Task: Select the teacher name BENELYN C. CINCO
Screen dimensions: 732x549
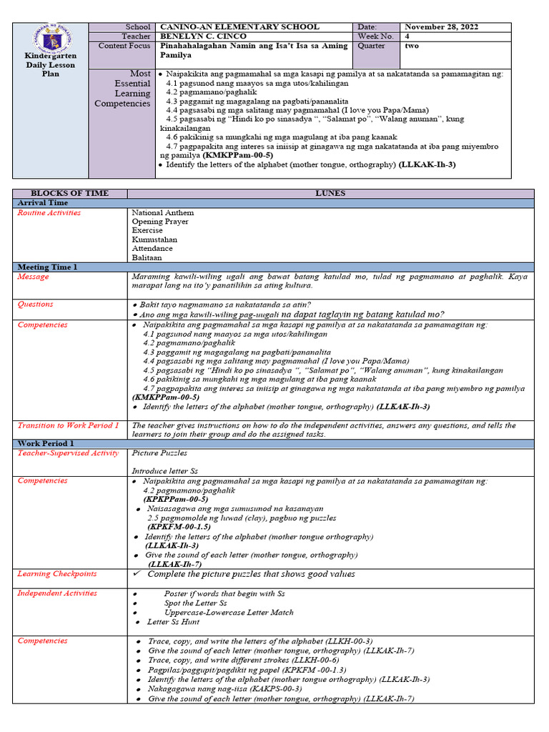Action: pyautogui.click(x=204, y=36)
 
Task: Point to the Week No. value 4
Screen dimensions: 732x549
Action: pyautogui.click(x=407, y=36)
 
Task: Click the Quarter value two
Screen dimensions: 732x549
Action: pyautogui.click(x=412, y=46)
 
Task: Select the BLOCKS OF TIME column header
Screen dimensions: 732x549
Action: pyautogui.click(x=70, y=194)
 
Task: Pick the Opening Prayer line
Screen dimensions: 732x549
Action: pyautogui.click(x=160, y=222)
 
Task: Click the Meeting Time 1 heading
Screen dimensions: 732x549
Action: pyautogui.click(x=47, y=267)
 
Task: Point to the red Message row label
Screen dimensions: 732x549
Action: pyautogui.click(x=34, y=277)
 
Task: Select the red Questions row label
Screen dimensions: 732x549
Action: pyautogui.click(x=36, y=305)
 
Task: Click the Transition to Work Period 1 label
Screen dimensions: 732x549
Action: pyautogui.click(x=68, y=425)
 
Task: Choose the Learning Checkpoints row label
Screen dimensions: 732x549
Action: pyautogui.click(x=57, y=573)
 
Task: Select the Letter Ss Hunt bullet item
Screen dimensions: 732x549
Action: pyautogui.click(x=174, y=622)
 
